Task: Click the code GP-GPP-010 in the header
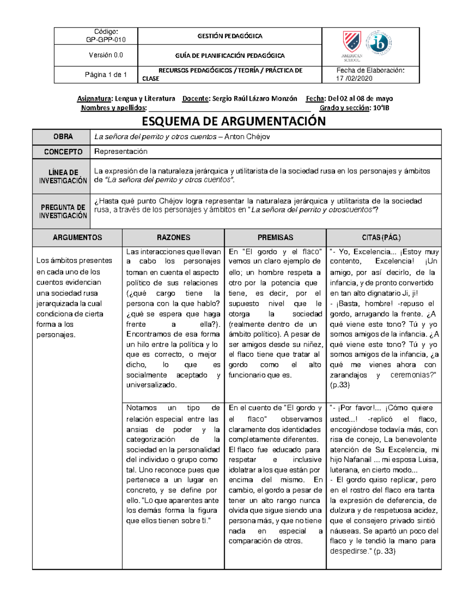(105, 39)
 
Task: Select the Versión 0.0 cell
(106, 55)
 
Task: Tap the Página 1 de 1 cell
(106, 75)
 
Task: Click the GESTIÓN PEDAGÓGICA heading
(230, 36)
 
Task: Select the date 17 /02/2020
(354, 78)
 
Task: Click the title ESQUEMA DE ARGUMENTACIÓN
(234, 121)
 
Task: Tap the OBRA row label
(63, 137)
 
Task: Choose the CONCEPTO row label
(63, 152)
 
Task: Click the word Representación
(121, 151)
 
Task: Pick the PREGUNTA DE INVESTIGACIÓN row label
(63, 211)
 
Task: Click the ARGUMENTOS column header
(77, 238)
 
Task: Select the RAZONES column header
(173, 238)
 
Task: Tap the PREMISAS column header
(275, 238)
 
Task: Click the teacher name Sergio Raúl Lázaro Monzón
(255, 99)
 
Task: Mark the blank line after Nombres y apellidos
(230, 108)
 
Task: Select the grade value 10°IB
(381, 108)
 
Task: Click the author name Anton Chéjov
(247, 137)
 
